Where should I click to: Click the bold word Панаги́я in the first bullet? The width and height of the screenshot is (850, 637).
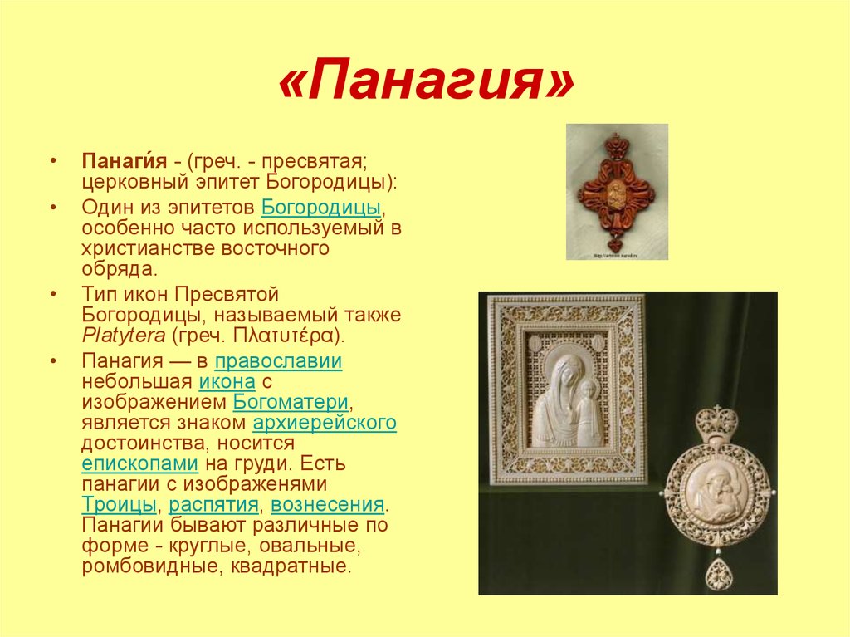click(x=125, y=161)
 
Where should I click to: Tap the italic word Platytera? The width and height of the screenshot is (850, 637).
click(x=124, y=336)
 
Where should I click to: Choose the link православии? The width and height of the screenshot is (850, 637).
click(x=279, y=361)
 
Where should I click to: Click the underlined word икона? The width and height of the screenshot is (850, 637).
click(x=227, y=382)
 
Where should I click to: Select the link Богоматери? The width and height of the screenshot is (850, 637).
click(x=291, y=402)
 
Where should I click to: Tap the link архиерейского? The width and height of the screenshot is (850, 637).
click(x=325, y=423)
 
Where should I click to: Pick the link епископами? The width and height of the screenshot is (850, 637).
click(x=139, y=464)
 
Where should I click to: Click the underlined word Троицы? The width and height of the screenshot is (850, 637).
click(x=120, y=505)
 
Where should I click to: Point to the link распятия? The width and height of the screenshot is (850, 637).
click(x=213, y=505)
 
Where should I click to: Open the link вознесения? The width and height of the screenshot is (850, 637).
click(x=327, y=505)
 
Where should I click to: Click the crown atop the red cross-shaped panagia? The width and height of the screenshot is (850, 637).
click(x=617, y=145)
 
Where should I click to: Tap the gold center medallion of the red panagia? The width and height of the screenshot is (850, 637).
click(x=617, y=194)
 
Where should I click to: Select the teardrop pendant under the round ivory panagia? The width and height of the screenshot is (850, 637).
click(x=718, y=574)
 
